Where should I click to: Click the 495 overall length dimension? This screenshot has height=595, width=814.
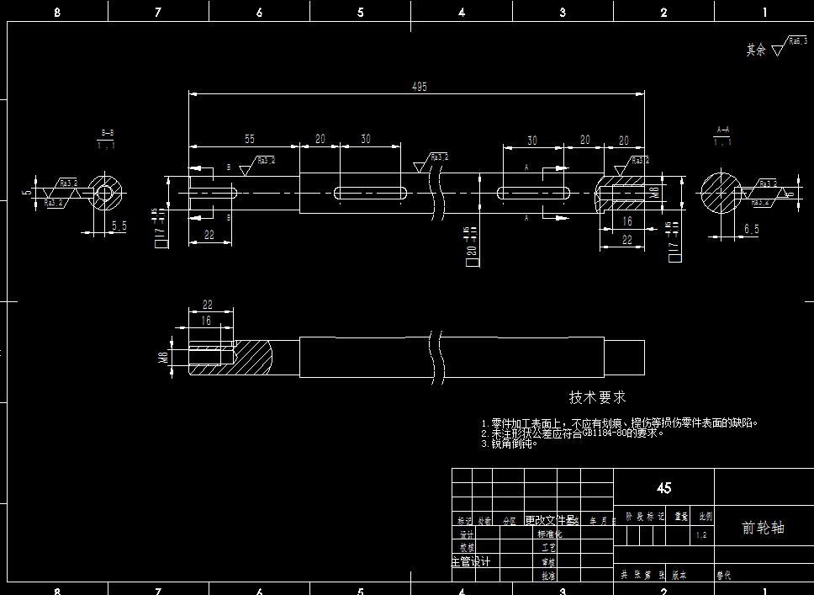[419, 86]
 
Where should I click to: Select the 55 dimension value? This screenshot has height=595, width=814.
[249, 139]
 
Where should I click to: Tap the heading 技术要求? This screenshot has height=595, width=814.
[597, 396]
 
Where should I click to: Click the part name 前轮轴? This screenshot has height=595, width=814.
[763, 528]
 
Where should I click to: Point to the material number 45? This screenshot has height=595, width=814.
[663, 488]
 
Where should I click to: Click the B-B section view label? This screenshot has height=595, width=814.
[107, 133]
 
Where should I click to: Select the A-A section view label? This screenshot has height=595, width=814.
[722, 130]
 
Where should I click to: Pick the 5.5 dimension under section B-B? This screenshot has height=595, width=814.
[119, 226]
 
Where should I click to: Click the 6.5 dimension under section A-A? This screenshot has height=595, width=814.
[751, 229]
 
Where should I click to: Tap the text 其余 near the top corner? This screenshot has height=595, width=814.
[755, 50]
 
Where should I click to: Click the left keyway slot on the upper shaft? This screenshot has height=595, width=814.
[371, 193]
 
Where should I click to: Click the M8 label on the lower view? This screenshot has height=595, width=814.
[163, 357]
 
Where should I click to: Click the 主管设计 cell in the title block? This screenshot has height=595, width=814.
[471, 561]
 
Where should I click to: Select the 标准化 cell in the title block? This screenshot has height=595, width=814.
[549, 534]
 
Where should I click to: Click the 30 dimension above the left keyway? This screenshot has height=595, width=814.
[366, 139]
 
